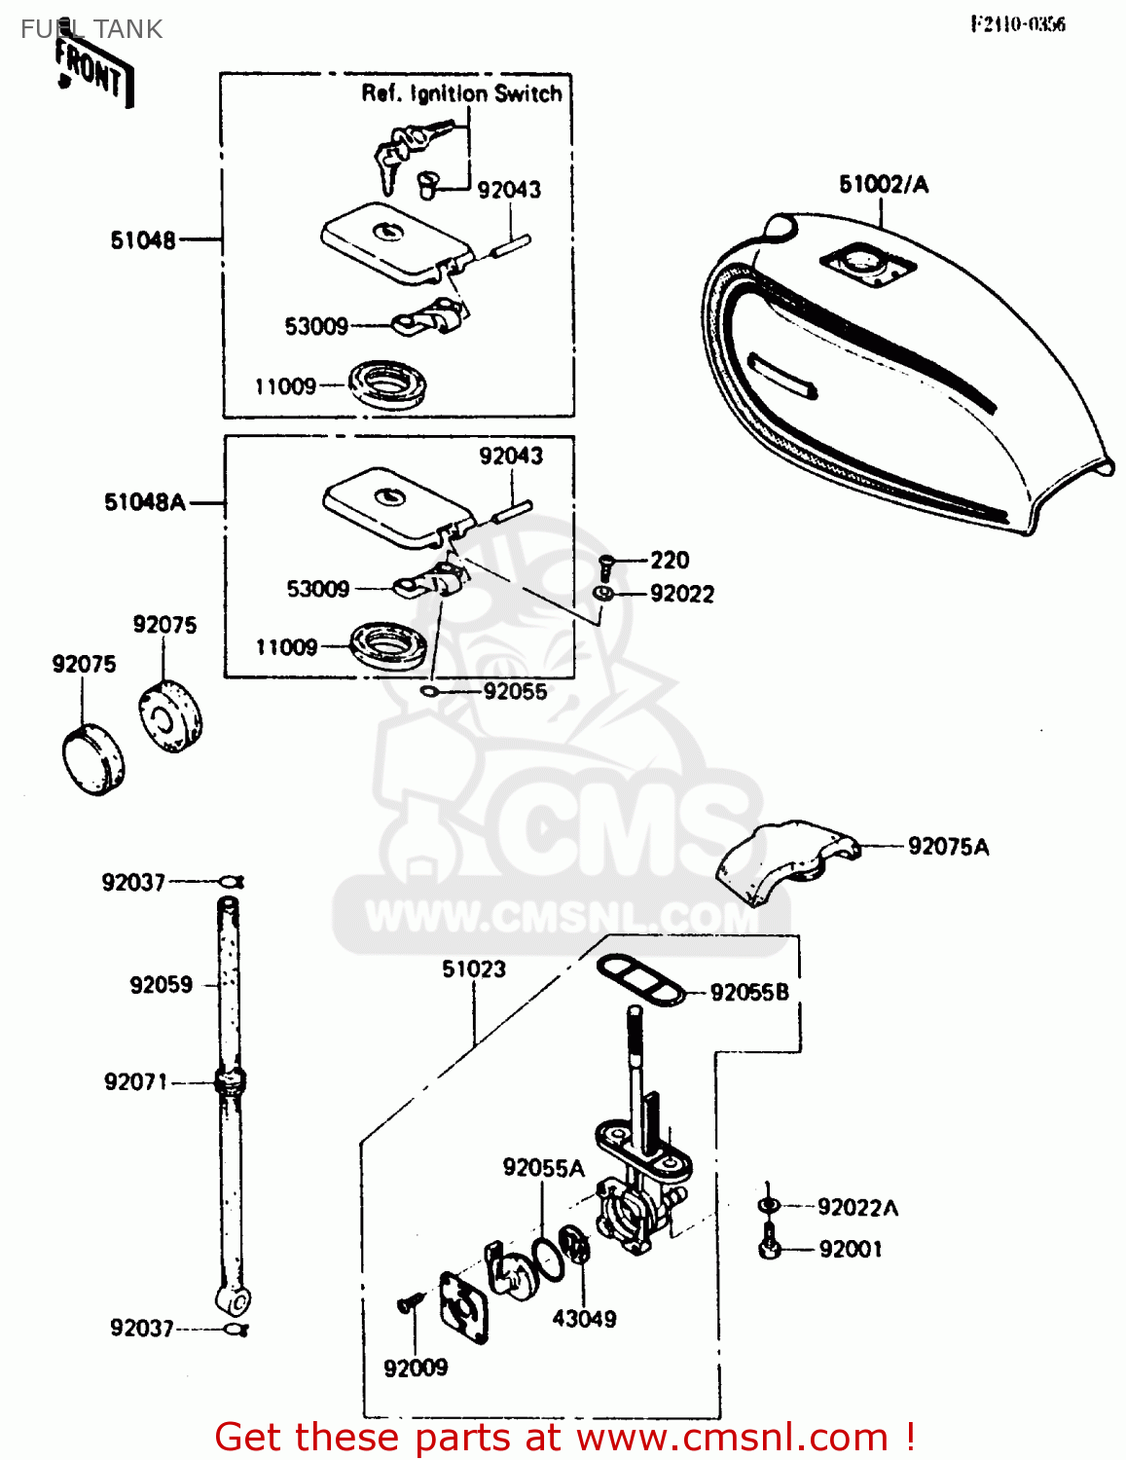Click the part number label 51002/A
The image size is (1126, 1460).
click(x=883, y=184)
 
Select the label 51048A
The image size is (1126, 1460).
click(x=144, y=502)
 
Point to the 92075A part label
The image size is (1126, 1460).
click(x=948, y=847)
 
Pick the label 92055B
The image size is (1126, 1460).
click(x=749, y=993)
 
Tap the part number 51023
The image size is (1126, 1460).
click(x=474, y=969)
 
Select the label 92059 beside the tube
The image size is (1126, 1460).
click(x=161, y=985)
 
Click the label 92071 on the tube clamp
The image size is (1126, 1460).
click(x=136, y=1082)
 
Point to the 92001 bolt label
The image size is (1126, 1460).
click(x=851, y=1250)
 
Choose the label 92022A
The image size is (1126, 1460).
click(x=857, y=1208)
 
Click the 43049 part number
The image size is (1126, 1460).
click(x=584, y=1319)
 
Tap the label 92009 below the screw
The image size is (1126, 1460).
click(x=416, y=1369)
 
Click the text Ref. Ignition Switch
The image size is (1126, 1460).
click(x=461, y=93)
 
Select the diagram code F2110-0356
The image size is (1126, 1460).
click(x=1017, y=24)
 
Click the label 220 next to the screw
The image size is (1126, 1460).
click(x=670, y=560)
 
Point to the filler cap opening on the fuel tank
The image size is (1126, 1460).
click(x=866, y=262)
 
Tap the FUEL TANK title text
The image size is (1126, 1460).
click(x=91, y=29)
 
